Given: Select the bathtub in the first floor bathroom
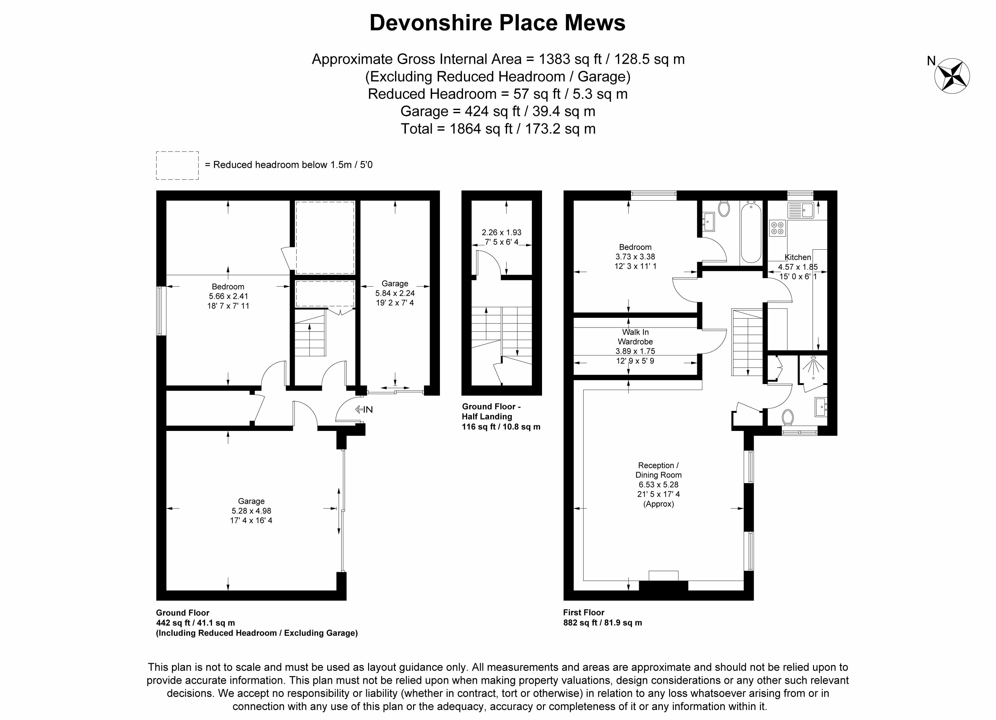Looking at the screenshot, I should coord(751,232).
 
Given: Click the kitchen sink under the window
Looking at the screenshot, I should coord(801,210).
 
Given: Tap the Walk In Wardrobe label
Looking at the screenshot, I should coord(635,337).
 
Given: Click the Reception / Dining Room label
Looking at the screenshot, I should coord(658,470).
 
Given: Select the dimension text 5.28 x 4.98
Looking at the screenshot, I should coord(251,511).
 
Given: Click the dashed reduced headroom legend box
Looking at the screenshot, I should coord(177,165).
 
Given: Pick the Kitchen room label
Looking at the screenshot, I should coord(797,257).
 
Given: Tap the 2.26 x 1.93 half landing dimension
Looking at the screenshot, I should coord(501,232).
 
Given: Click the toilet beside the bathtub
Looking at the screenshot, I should coord(724,208).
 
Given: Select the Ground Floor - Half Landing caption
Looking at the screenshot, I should coord(491,412).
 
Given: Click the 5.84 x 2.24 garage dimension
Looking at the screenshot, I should coord(394,293).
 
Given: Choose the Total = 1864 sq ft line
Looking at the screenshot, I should coord(498,129).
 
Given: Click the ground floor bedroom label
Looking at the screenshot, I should coord(228,287).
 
